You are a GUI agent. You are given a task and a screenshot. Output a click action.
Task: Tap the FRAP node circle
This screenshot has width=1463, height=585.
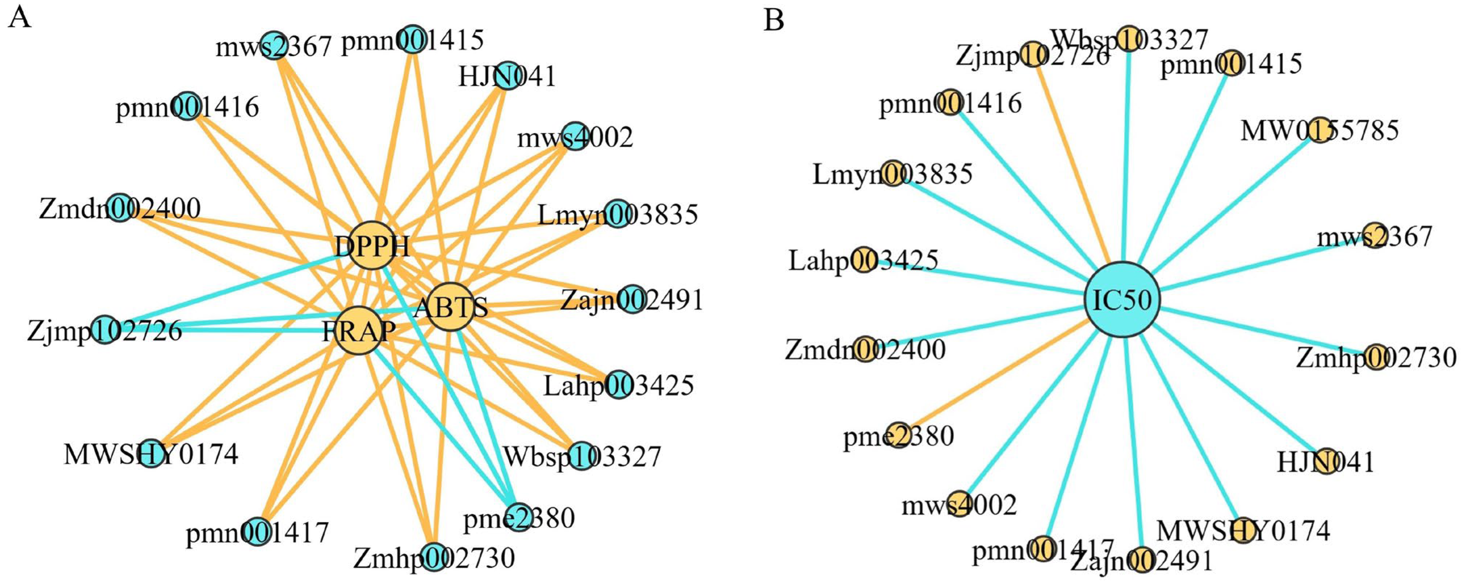[358, 331]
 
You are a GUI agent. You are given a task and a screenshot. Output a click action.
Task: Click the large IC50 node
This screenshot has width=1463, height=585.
[1122, 300]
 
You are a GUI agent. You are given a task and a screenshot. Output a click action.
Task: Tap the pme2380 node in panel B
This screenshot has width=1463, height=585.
[898, 435]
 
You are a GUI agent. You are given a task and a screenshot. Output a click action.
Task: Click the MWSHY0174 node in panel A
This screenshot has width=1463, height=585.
[151, 453]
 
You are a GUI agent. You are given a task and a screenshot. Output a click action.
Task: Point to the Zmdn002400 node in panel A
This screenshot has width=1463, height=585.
[120, 207]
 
